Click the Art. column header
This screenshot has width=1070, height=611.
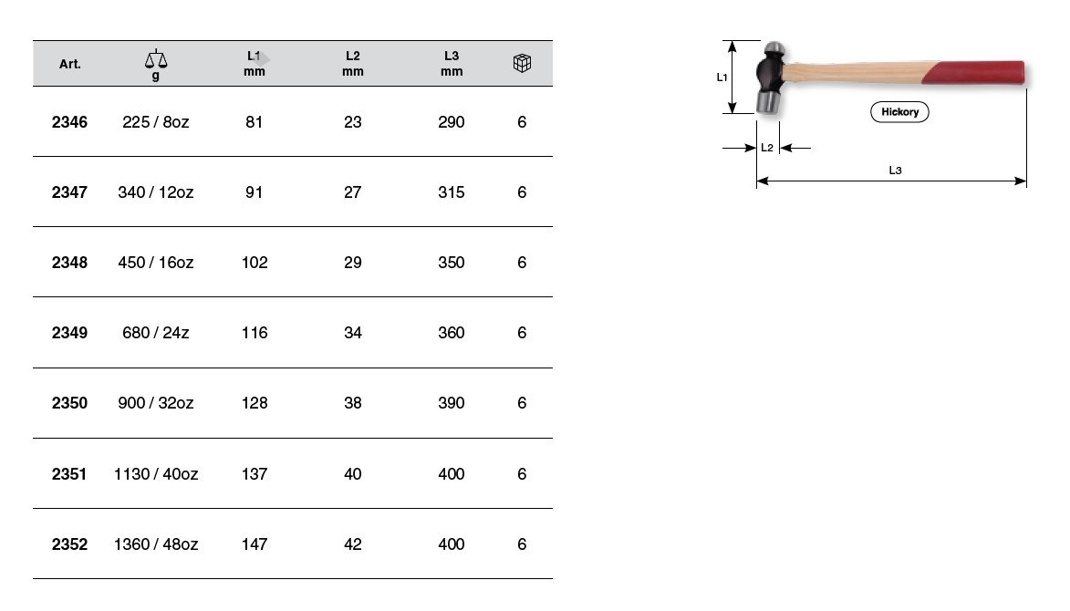coord(69,64)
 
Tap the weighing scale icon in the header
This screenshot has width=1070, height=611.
coord(156,59)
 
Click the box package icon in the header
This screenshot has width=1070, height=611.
coord(522,64)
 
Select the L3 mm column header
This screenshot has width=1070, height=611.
coord(451,64)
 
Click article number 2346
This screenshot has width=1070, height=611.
coord(69,122)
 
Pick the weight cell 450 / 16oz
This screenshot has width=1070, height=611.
coord(156,263)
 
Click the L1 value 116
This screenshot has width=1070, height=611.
coord(255,333)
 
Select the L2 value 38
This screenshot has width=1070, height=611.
coord(353,403)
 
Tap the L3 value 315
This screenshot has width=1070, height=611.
coord(451,192)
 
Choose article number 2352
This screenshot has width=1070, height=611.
coord(69,544)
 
